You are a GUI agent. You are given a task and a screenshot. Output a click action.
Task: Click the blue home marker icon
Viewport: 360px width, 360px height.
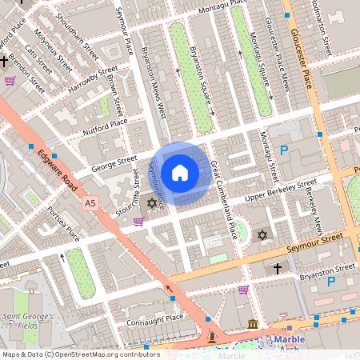pos(180,173)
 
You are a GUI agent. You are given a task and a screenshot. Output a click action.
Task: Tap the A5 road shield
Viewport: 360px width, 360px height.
pos(91,205)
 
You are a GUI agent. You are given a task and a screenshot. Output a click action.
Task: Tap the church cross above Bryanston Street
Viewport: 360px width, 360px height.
pos(277,268)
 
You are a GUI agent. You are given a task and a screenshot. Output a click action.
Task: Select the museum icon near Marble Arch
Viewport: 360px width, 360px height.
pos(254,324)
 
